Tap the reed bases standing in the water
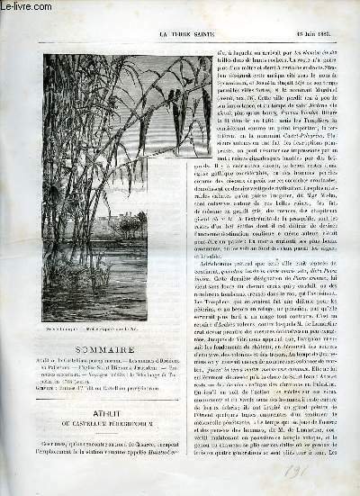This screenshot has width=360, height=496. pyautogui.click(x=135, y=270)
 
